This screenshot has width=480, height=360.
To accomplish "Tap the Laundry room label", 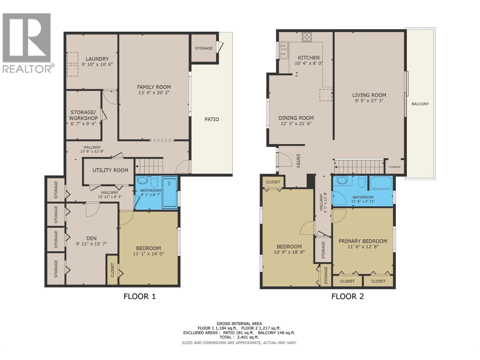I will click(x=97, y=59).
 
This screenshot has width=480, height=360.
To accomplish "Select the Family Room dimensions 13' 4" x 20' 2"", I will click(x=154, y=93).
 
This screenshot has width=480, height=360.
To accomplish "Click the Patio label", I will click(x=212, y=119).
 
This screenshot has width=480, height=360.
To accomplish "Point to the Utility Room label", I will click(x=110, y=170).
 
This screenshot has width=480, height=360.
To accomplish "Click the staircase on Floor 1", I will click(x=149, y=166).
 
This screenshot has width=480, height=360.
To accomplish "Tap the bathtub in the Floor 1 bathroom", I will click(x=169, y=192).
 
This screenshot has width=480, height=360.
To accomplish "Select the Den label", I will click(x=91, y=238).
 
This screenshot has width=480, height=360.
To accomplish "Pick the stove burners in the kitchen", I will click(x=307, y=37).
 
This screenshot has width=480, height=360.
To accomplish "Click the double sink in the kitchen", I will click(x=283, y=50).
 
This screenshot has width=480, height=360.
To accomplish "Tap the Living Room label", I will click(x=369, y=95).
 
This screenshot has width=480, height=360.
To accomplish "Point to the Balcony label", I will click(x=420, y=104).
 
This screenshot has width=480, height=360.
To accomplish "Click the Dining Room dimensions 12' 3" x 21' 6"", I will click(x=296, y=124).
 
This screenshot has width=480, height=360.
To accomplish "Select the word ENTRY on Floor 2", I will click(x=298, y=161).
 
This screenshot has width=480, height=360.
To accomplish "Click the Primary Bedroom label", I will click(x=363, y=241).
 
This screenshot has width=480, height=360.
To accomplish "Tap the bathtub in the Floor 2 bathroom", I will click(x=381, y=182).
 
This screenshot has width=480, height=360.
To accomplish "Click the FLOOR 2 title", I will click(x=347, y=296).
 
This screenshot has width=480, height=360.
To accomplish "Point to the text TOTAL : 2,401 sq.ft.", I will click(x=239, y=337).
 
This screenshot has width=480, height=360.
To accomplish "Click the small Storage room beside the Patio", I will click(x=204, y=48).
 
